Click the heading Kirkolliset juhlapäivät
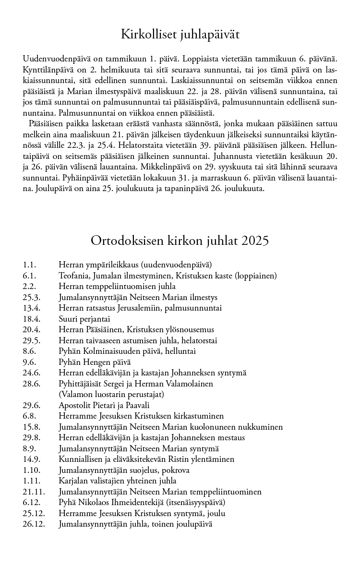pyautogui.click(x=180, y=35)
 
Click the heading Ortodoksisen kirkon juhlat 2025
pyautogui.click(x=180, y=240)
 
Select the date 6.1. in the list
pyautogui.click(x=29, y=276)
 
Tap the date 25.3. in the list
pyautogui.click(x=31, y=297)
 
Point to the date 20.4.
pyautogui.click(x=31, y=330)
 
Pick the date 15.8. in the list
pyautogui.click(x=31, y=427)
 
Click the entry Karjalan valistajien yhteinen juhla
pyautogui.click(x=118, y=481)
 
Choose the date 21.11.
pyautogui.click(x=33, y=492)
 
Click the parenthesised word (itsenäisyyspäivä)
pyautogui.click(x=194, y=502)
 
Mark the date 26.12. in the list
pyautogui.click(x=33, y=524)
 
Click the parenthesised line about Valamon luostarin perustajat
pyautogui.click(x=111, y=394)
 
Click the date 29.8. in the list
pyautogui.click(x=31, y=437)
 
